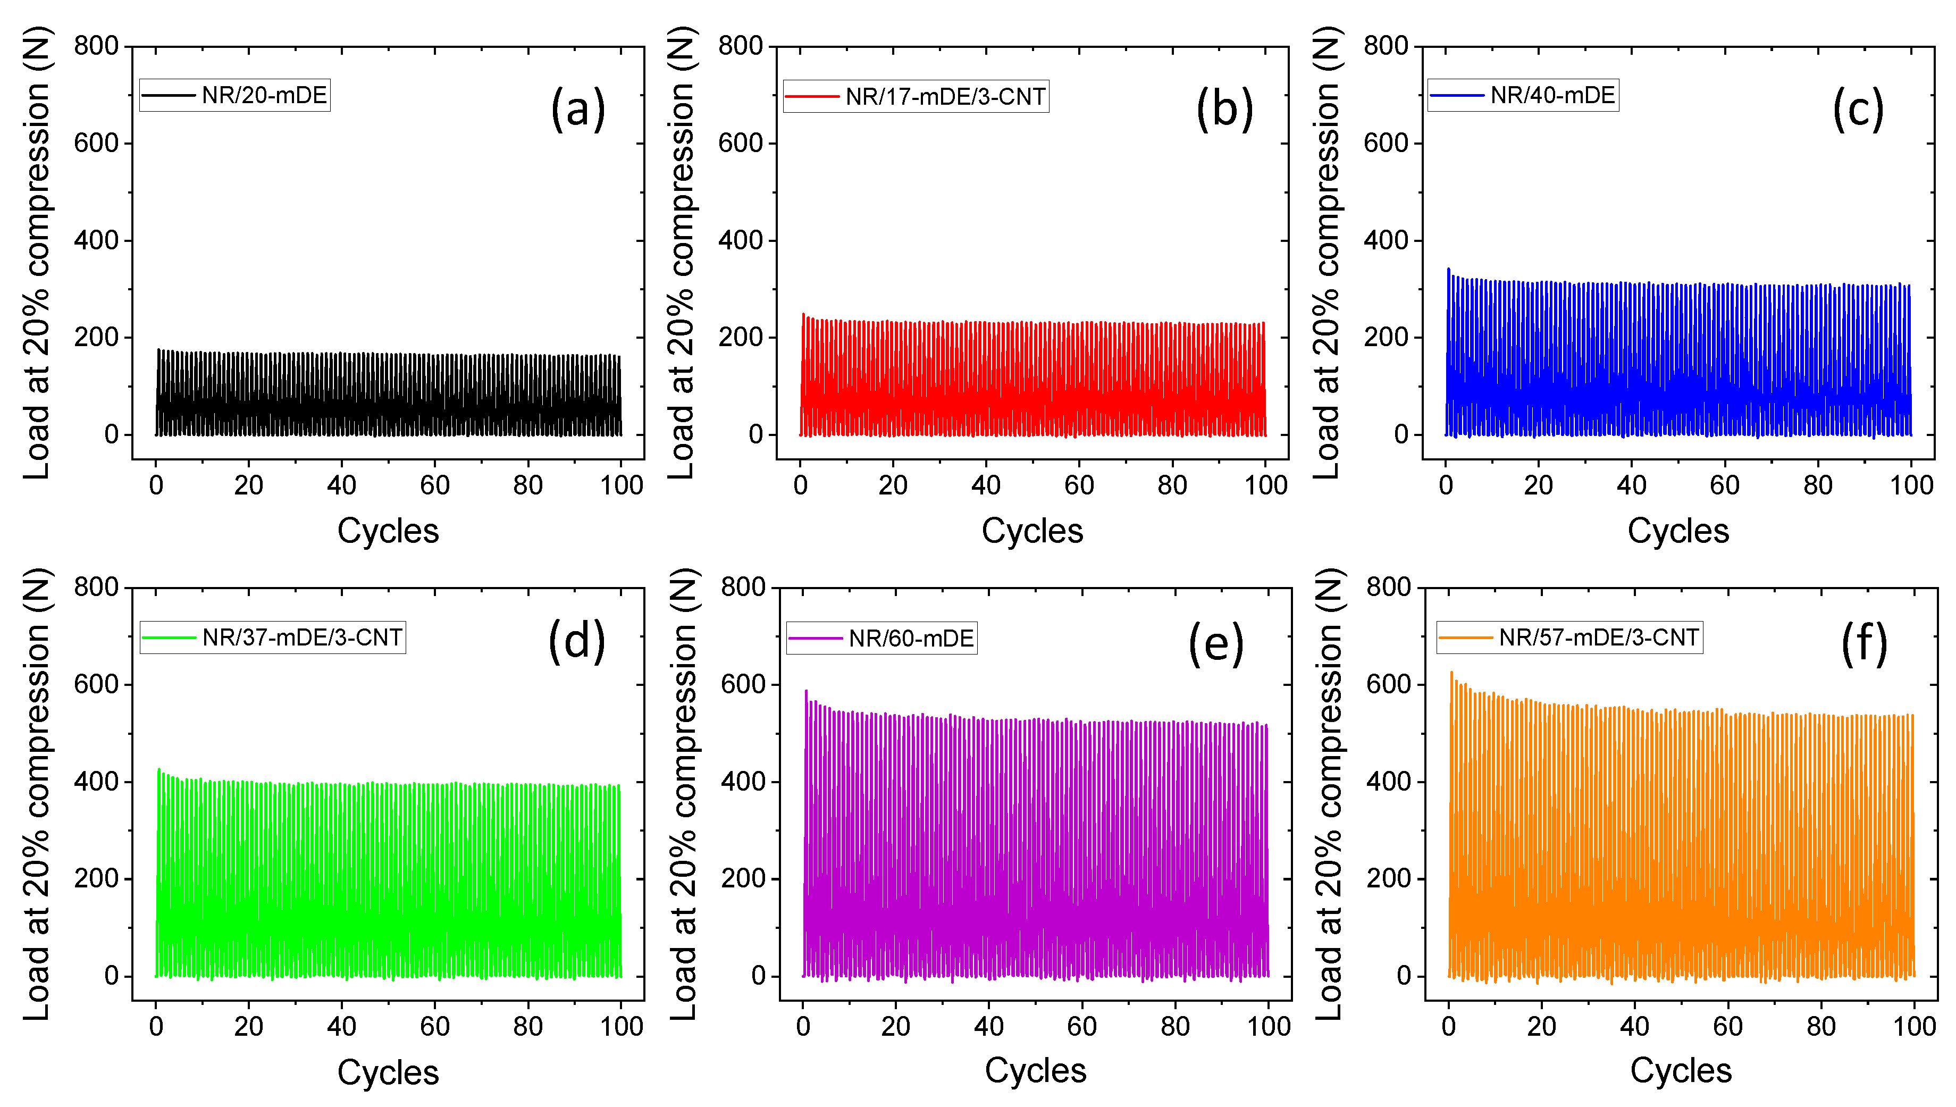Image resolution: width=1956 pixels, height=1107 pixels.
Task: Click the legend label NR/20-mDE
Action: [x=264, y=96]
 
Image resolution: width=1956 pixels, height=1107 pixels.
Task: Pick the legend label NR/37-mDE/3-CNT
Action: [x=302, y=637]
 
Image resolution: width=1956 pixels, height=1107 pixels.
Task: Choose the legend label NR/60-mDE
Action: [x=911, y=639]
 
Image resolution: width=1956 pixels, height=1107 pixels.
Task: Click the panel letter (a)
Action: [x=578, y=108]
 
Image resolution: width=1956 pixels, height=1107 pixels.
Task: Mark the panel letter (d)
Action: [x=576, y=640]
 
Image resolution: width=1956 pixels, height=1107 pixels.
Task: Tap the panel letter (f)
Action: [x=1863, y=643]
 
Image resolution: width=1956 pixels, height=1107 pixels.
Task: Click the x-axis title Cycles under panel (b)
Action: [x=1031, y=531]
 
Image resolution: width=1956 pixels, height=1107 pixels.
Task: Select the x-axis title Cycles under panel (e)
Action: [x=1035, y=1070]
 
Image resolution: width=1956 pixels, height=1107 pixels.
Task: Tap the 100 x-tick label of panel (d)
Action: [x=621, y=1026]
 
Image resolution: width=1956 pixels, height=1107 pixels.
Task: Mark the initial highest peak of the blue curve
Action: [x=1448, y=269]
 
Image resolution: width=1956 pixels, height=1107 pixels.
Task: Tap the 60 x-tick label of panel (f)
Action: [x=1727, y=1026]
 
